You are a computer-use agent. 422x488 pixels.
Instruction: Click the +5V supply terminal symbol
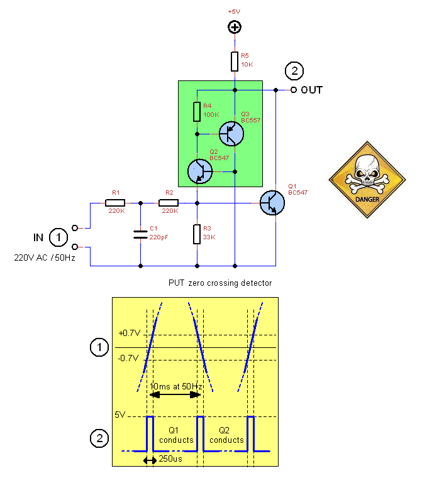(235, 27)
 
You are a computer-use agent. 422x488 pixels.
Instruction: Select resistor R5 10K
(235, 62)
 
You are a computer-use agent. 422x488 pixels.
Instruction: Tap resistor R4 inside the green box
(197, 111)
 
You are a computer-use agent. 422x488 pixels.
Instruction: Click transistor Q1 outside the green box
(272, 203)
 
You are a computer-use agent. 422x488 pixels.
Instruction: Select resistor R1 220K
(115, 203)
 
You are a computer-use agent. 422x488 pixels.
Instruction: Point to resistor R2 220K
(169, 203)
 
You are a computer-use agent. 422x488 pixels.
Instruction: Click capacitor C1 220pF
(140, 235)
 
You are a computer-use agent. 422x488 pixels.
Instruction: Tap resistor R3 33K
(197, 234)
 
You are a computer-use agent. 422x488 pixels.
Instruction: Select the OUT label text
(311, 90)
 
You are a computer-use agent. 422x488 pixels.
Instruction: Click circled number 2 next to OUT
(294, 71)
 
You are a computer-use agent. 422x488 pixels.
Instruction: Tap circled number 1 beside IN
(59, 237)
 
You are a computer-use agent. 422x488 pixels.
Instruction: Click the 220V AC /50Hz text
(45, 258)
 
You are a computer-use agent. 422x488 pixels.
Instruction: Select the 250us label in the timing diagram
(170, 460)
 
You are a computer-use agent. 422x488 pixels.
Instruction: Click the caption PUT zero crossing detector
(220, 283)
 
